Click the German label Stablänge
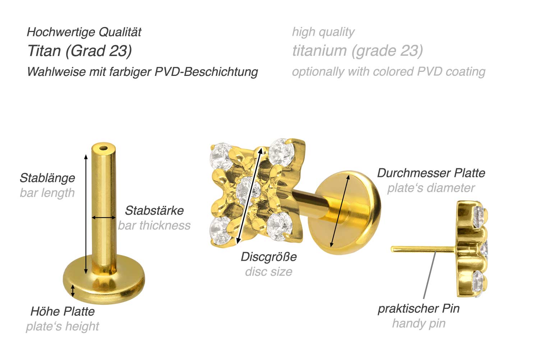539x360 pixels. (x=47, y=178)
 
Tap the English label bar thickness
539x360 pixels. (x=154, y=225)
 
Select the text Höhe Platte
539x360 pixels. (x=63, y=311)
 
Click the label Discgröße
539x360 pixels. (x=269, y=257)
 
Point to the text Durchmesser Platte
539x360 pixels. (x=431, y=173)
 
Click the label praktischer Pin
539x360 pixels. (x=419, y=309)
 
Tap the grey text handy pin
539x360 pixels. (x=419, y=323)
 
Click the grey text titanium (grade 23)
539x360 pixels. (x=358, y=51)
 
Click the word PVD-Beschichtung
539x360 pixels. (x=206, y=72)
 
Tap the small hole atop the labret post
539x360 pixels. (x=104, y=148)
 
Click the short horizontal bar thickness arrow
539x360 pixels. (x=103, y=218)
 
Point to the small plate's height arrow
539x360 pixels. (x=73, y=290)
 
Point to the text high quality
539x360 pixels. (x=323, y=32)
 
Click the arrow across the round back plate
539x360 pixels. (x=340, y=211)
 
